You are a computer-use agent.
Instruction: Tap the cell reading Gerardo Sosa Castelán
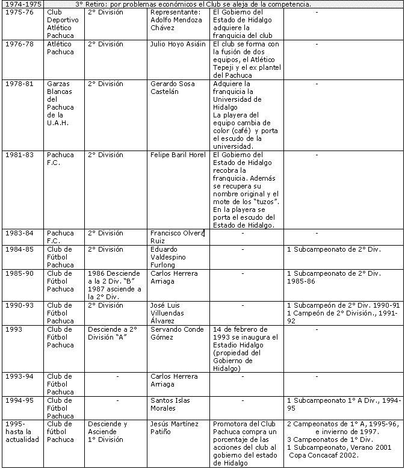coord(172,88)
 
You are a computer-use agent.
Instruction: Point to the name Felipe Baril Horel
coord(178,155)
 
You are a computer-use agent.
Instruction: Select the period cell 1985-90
coord(18,273)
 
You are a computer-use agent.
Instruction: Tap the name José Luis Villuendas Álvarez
coord(174,313)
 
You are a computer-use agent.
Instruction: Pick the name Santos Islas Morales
coord(171,404)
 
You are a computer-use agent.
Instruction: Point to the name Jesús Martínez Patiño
coord(175,427)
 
